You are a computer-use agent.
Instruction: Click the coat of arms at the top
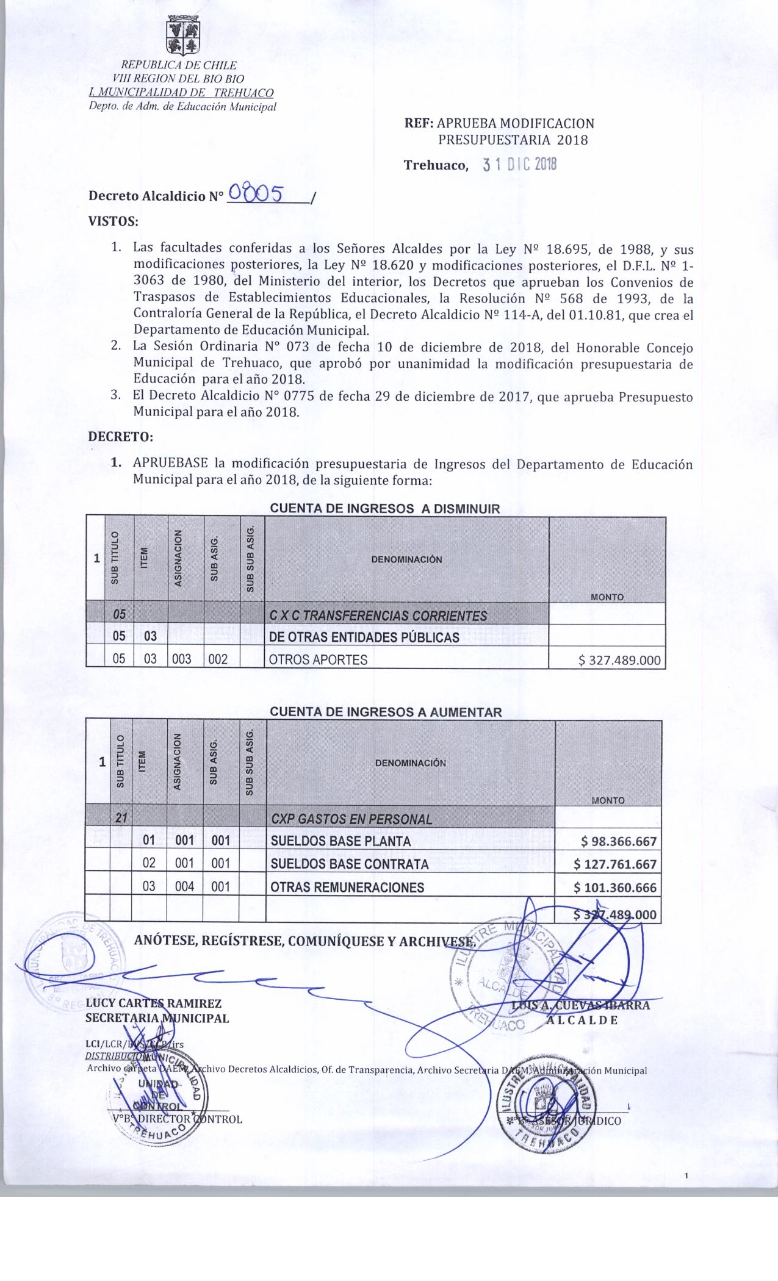click(184, 36)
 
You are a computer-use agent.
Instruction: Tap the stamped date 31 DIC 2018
click(519, 165)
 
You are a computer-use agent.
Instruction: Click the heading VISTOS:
click(113, 221)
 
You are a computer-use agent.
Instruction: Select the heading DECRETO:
click(120, 437)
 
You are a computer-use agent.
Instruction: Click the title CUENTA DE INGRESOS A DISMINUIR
click(384, 508)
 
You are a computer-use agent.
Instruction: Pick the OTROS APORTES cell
click(319, 659)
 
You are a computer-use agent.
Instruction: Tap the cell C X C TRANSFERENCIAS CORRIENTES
click(378, 615)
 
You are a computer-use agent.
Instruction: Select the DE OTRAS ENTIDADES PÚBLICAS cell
click(364, 637)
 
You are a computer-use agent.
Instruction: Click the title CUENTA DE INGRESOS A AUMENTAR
click(386, 712)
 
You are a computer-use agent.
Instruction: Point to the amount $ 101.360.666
click(615, 888)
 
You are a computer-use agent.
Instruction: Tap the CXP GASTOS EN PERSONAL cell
click(351, 819)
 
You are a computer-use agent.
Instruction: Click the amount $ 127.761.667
click(615, 864)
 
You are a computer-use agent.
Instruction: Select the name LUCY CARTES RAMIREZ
click(153, 1003)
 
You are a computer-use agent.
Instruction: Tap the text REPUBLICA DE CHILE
click(179, 65)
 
